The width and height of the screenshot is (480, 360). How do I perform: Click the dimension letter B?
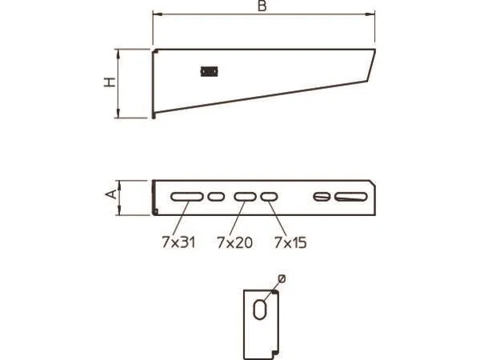coord(262,6)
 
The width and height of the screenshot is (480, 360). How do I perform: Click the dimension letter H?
coord(110,82)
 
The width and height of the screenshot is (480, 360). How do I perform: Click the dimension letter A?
coord(111,194)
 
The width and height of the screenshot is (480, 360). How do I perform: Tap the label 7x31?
coord(178,242)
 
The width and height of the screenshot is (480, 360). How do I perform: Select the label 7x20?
coord(234,242)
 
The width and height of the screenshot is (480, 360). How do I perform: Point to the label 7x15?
coord(290,242)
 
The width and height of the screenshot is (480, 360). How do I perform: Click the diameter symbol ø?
coord(282,279)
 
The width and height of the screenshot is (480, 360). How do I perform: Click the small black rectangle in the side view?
coord(209,72)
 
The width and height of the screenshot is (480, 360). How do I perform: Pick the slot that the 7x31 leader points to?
coord(186,197)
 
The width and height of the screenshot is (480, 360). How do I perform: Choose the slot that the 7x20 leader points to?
coord(245,197)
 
